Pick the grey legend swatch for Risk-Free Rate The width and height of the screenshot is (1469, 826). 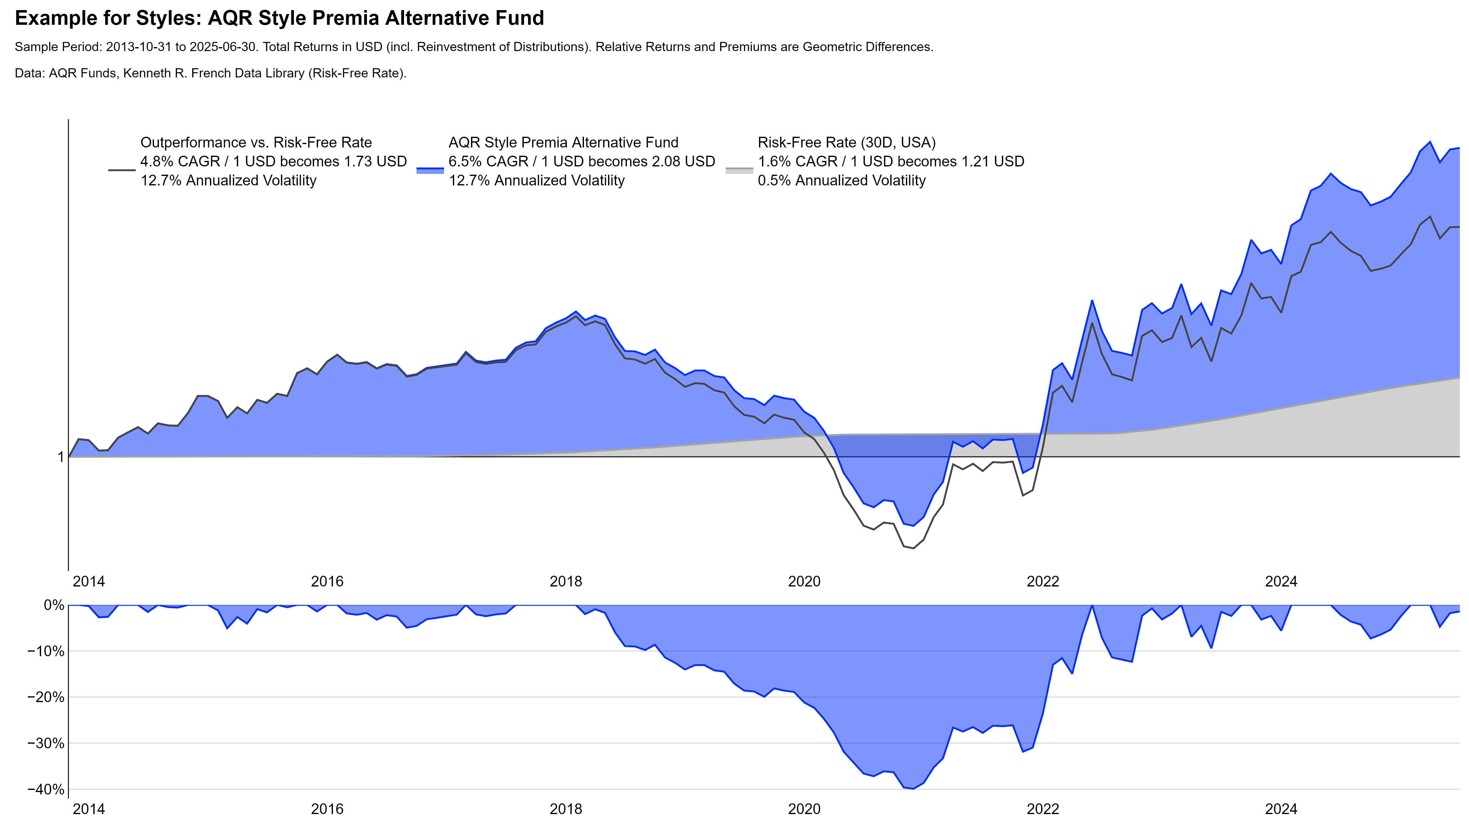click(739, 170)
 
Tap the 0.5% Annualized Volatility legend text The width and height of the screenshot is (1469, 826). click(841, 181)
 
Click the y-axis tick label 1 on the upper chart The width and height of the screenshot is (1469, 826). click(61, 457)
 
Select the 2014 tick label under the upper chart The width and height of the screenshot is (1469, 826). click(89, 582)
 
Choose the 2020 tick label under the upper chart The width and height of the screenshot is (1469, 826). click(804, 582)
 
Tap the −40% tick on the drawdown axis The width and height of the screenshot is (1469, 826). click(46, 790)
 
